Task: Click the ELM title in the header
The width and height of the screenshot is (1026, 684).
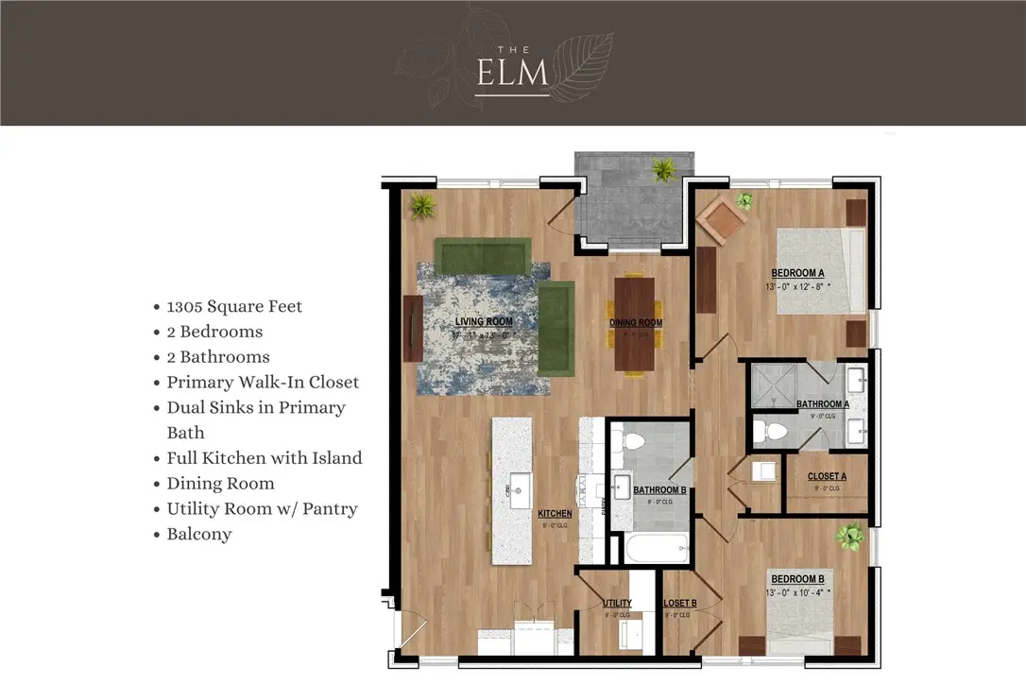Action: pyautogui.click(x=513, y=74)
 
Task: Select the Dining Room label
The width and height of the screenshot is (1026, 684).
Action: pyautogui.click(x=635, y=323)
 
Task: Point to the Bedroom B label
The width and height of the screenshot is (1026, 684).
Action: pyautogui.click(x=797, y=579)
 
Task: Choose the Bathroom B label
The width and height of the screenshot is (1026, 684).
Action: pyautogui.click(x=659, y=490)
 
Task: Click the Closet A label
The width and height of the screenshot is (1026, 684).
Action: pyautogui.click(x=827, y=477)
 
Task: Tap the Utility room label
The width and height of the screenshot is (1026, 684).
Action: pyautogui.click(x=617, y=604)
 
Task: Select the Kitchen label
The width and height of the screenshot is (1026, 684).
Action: pyautogui.click(x=555, y=514)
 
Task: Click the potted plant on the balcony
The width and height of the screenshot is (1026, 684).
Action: pyautogui.click(x=664, y=170)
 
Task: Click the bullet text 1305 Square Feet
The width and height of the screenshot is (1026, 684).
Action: pyautogui.click(x=234, y=306)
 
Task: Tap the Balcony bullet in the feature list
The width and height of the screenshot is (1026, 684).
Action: pyautogui.click(x=198, y=534)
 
